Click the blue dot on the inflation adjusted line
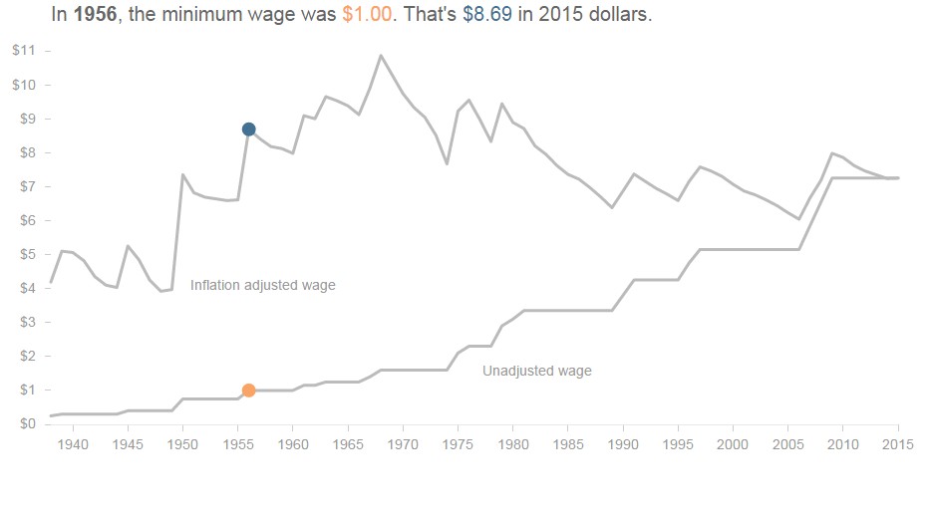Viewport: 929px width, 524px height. (248, 130)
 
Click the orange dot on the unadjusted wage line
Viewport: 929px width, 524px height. (248, 391)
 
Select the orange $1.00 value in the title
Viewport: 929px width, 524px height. (367, 15)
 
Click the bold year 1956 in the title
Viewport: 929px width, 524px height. (96, 15)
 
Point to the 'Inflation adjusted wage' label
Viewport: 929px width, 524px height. (263, 286)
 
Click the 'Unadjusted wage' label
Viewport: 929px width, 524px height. (536, 372)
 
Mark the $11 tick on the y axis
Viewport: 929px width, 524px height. (25, 51)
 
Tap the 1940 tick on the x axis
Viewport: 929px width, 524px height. (72, 443)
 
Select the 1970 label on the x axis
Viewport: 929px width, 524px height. (403, 443)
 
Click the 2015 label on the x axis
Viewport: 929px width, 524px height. (897, 443)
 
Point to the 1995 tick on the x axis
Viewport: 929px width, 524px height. (678, 443)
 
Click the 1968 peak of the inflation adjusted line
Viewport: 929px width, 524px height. (381, 56)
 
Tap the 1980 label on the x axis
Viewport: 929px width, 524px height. (512, 443)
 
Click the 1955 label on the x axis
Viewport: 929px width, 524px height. (237, 443)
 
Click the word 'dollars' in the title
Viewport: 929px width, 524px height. (619, 15)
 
